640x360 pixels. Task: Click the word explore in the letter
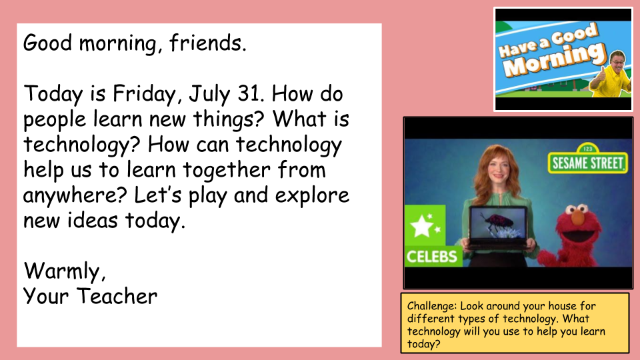point(312,196)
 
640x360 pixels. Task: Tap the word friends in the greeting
point(208,43)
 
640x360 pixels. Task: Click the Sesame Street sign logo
point(587,161)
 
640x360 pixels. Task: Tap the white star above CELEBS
point(422,226)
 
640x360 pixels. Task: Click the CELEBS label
point(432,257)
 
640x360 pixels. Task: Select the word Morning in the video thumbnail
point(554,61)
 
